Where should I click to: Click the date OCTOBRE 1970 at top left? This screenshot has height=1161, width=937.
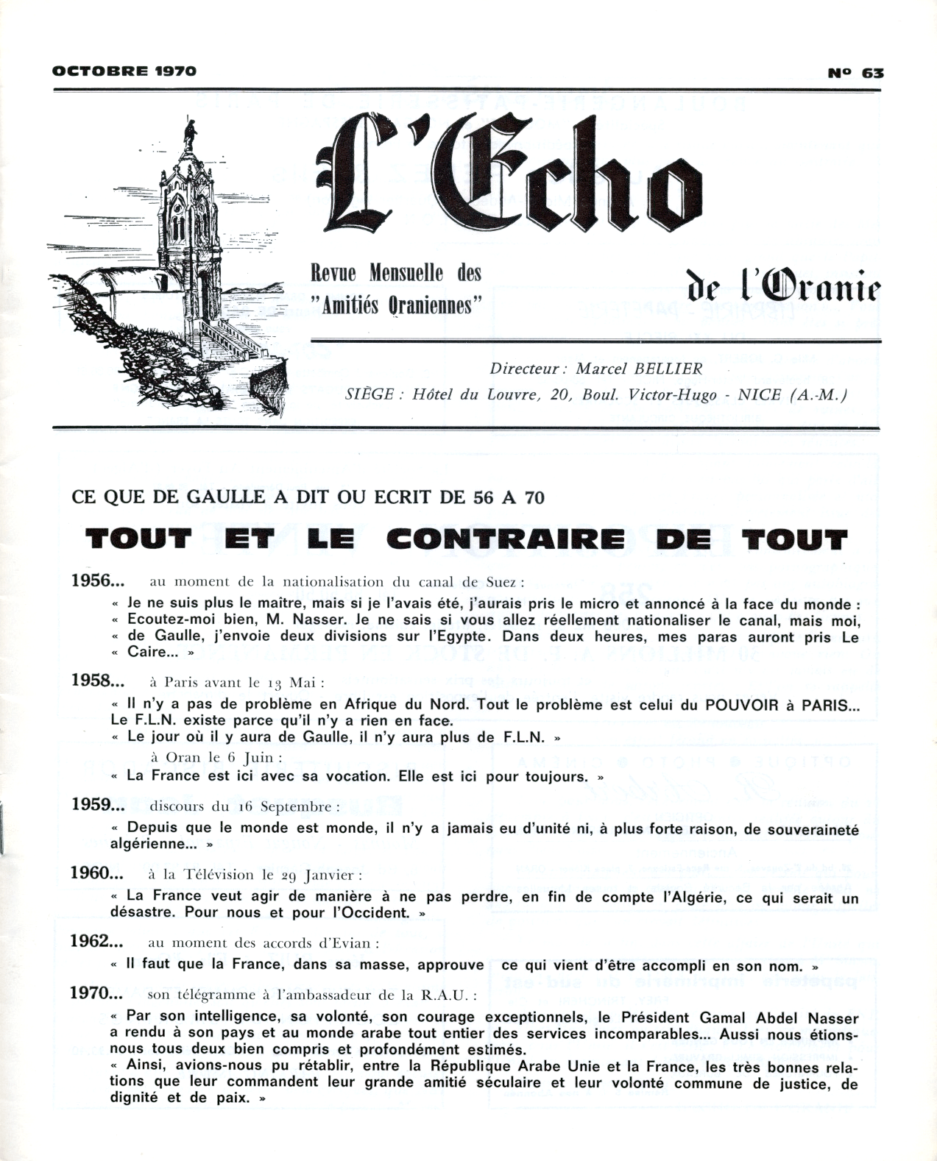click(x=124, y=71)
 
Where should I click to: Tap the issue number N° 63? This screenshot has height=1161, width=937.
click(x=855, y=72)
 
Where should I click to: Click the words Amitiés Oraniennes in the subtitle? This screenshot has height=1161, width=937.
click(x=397, y=306)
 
